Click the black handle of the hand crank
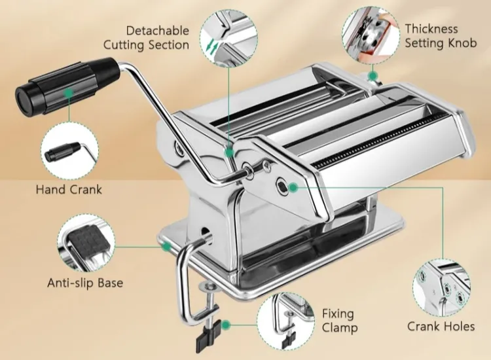pos(67,84)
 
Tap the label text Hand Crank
pos(69,189)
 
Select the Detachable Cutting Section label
pos(146,37)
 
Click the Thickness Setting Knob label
pos(441,36)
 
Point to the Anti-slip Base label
pos(85,283)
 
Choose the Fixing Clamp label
pos(339,321)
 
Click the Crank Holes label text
pos(441,327)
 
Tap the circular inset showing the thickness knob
pos(371,35)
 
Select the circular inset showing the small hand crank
pos(69,151)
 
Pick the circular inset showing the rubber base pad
pos(86,243)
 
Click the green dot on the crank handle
pos(69,93)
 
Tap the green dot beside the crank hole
pos(293,187)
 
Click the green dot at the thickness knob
pos(373,76)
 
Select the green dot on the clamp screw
pos(226,325)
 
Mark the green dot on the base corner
pos(167,247)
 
